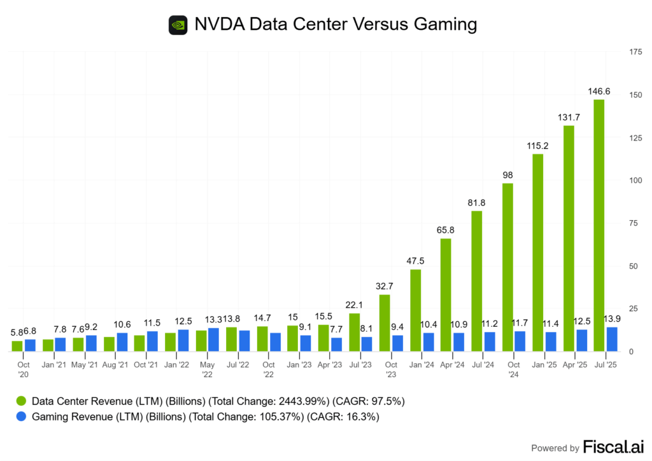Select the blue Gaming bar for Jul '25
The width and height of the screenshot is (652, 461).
[x=611, y=339]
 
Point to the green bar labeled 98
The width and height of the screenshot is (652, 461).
[x=507, y=267]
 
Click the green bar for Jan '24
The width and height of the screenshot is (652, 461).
[x=415, y=310]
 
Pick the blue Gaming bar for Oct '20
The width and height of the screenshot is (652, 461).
[x=30, y=345]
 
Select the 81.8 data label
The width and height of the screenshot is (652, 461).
[x=476, y=202]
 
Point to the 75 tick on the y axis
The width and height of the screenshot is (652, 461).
[x=633, y=223]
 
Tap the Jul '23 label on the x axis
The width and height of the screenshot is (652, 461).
[x=360, y=365]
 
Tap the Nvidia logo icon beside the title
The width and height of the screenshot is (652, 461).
[x=178, y=25]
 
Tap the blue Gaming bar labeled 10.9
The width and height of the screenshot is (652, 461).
[x=458, y=341]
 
